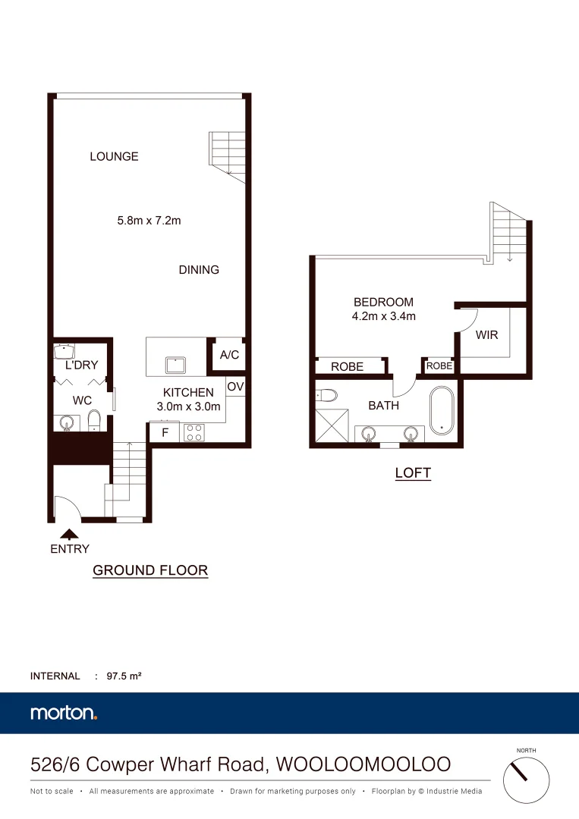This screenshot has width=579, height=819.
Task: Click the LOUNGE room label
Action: (x=114, y=157)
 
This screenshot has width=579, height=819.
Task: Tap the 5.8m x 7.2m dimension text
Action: (x=149, y=221)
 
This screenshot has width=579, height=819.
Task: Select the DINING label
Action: (x=199, y=270)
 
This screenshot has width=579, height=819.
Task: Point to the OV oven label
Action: (x=235, y=387)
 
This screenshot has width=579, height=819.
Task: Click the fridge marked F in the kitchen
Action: (x=164, y=433)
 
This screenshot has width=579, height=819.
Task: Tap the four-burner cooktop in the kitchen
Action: (x=193, y=432)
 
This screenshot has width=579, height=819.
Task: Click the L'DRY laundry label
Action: (x=82, y=365)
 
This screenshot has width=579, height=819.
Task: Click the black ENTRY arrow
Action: (x=69, y=534)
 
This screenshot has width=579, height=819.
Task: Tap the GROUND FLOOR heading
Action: (x=150, y=570)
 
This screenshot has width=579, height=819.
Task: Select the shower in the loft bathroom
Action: (x=332, y=426)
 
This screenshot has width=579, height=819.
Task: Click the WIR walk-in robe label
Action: (x=487, y=334)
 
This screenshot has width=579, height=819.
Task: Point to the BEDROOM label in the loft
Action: (x=383, y=302)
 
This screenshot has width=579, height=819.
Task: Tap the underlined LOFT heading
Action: (x=413, y=473)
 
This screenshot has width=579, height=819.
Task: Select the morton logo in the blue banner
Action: (x=64, y=713)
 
